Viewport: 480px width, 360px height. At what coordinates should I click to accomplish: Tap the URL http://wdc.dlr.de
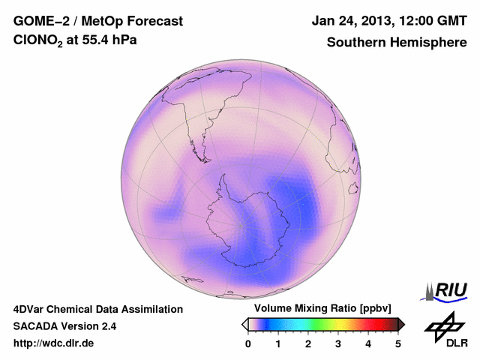[x=54, y=343]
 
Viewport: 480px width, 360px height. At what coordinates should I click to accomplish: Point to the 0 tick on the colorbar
[x=248, y=343]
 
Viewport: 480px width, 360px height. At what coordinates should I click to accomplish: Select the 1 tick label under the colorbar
[x=278, y=343]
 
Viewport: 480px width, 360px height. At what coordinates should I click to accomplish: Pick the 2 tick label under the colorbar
[x=308, y=343]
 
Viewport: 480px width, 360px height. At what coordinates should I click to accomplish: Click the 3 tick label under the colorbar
[x=338, y=343]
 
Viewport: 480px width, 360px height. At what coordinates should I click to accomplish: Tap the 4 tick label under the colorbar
[x=368, y=343]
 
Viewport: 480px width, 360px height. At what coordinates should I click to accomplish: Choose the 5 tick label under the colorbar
[x=398, y=343]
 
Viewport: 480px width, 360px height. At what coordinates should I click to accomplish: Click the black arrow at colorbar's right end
[x=401, y=324]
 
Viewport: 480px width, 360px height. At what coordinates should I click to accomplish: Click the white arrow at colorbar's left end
[x=244, y=324]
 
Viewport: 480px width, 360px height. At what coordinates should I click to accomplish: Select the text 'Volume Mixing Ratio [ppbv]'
[x=320, y=308]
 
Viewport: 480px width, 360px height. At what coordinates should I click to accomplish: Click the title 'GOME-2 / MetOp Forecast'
[x=97, y=20]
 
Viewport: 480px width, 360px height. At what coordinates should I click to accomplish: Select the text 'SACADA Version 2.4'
[x=64, y=326]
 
